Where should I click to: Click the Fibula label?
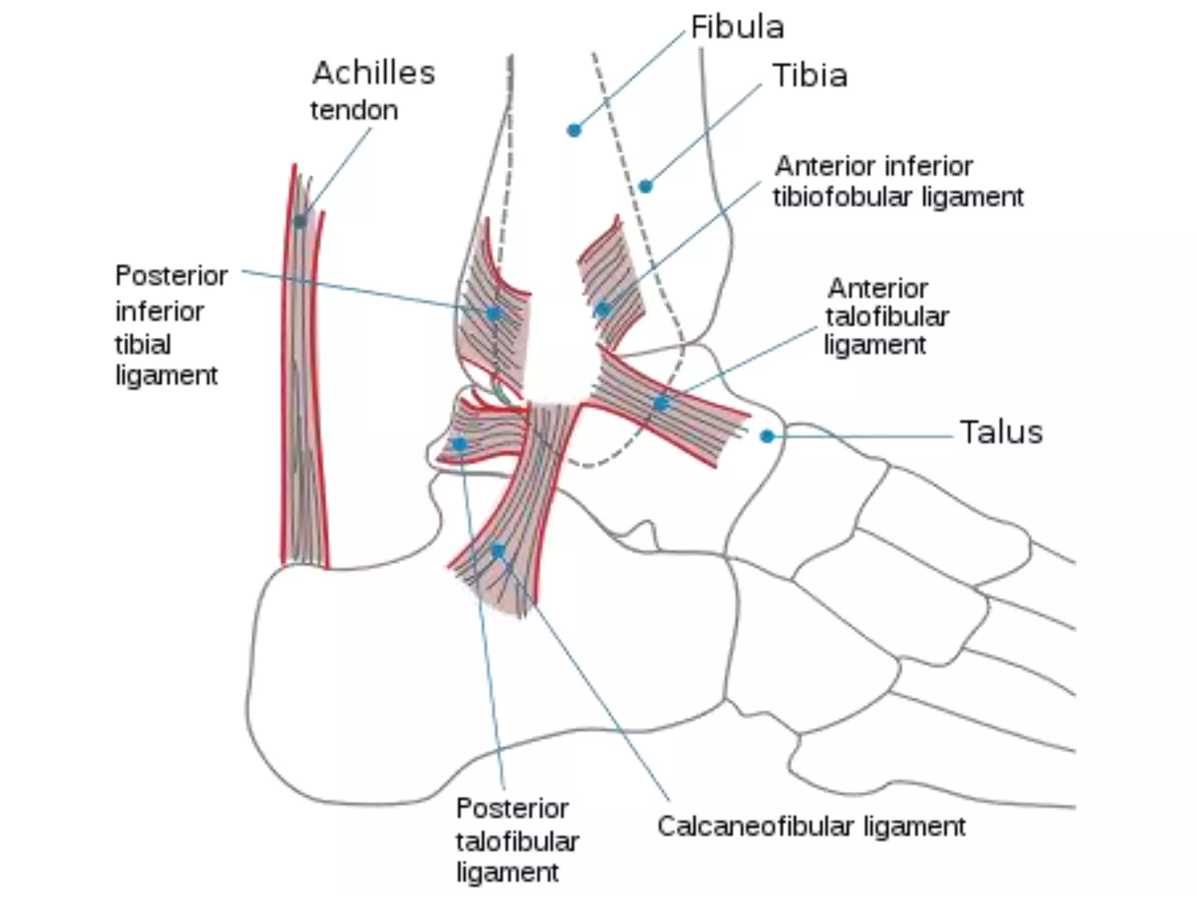737,27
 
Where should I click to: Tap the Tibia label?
810,76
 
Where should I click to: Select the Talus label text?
1001,433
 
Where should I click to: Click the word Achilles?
374,74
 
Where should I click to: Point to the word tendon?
354,110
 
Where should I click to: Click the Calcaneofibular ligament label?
811,827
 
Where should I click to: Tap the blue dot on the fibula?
574,130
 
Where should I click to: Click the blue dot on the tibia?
645,186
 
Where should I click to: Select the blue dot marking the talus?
767,436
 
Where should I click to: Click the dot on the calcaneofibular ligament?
498,551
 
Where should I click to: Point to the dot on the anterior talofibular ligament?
661,403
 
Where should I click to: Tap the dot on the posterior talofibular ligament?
460,444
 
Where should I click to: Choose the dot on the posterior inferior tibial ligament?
493,314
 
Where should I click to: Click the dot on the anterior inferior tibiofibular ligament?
603,309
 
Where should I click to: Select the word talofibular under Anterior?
887,317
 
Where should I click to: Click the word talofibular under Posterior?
517,842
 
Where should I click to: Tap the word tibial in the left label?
143,345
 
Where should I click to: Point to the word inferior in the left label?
159,311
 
